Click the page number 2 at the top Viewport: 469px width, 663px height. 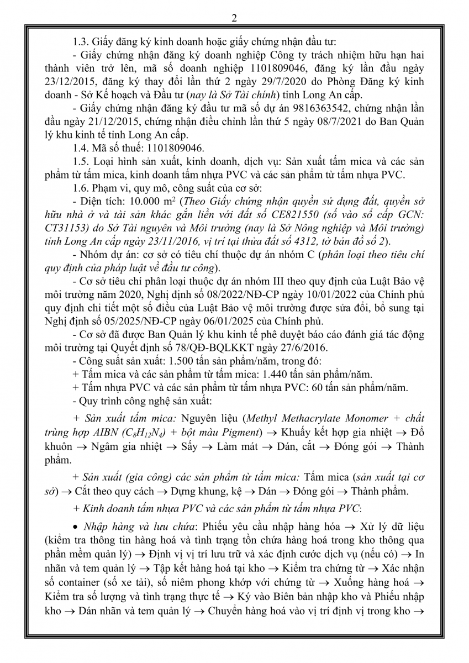[x=234, y=18]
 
